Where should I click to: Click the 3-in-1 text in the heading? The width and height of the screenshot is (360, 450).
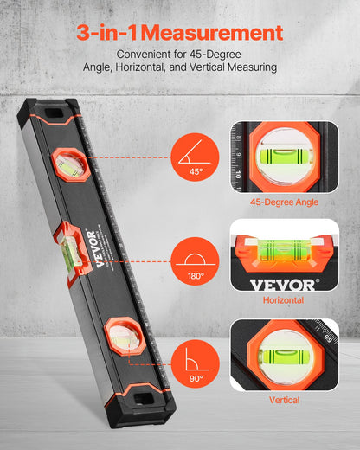pos(106,33)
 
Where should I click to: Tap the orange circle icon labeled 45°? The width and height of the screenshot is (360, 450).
pos(196,157)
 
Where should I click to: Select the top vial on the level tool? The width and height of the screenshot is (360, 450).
pos(70,164)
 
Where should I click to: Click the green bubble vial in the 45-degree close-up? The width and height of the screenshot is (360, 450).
pos(282,157)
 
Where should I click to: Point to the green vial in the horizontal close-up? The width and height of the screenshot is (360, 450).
pos(281,252)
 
